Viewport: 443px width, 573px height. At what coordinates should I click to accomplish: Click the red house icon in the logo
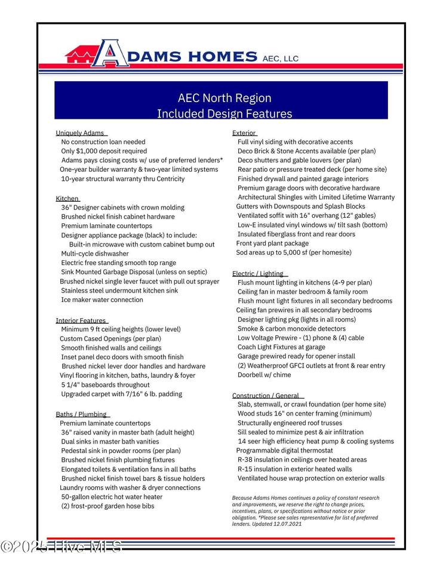point(79,56)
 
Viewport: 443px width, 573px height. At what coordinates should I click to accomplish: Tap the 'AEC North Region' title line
point(224,98)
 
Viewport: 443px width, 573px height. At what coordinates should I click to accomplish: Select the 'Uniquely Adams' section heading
point(80,133)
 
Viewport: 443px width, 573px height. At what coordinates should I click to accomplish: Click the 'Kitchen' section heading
point(67,198)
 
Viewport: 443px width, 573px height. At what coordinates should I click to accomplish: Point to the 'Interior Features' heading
point(81,320)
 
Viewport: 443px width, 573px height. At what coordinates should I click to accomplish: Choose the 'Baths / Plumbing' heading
point(81,414)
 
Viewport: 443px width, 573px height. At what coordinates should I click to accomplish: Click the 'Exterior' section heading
point(244,133)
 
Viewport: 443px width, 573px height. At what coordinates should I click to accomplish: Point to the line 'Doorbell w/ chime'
point(264,375)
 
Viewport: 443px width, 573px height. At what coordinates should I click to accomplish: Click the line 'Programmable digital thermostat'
point(284,450)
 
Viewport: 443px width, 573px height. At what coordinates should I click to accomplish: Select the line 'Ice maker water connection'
point(102,300)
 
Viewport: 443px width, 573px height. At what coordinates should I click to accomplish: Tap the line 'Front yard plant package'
point(272,244)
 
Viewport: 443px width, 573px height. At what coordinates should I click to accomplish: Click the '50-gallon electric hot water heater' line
point(112,497)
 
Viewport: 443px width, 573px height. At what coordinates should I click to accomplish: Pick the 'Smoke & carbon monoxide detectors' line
point(291,328)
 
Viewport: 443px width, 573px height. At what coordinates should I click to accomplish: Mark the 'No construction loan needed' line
point(103,142)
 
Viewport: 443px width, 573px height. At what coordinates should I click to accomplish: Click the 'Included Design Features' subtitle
point(224,113)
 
